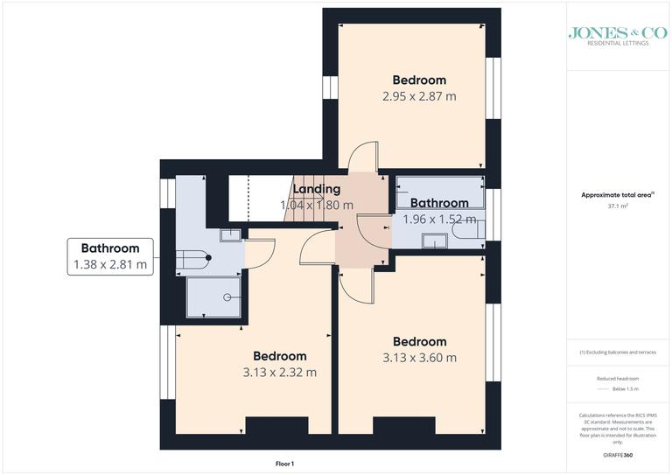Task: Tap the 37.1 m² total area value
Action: point(619,206)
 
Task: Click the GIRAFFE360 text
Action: point(618,456)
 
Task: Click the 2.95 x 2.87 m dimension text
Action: point(419,96)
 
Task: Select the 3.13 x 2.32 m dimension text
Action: point(280,372)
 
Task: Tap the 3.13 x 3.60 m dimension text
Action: point(419,357)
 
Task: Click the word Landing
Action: point(316,189)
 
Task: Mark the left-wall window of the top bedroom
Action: point(331,88)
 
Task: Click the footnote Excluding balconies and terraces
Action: point(619,352)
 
